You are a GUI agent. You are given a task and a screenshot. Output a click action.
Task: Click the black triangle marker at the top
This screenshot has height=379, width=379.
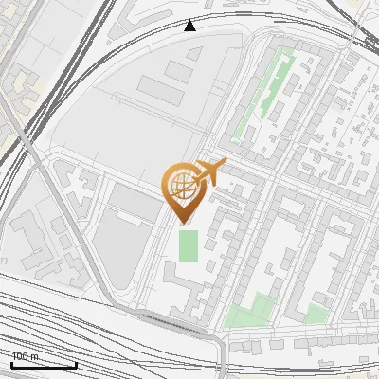point(190,26)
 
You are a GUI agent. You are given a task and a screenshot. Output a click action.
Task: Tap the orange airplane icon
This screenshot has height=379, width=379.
point(209,172)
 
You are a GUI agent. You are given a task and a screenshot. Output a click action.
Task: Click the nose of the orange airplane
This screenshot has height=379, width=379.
point(225,163)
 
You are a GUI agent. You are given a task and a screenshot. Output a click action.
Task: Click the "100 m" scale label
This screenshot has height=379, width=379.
point(26,356)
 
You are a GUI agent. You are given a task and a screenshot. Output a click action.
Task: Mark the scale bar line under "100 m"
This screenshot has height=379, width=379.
point(44,364)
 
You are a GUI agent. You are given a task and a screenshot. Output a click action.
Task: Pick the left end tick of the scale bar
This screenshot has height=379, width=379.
point(11,362)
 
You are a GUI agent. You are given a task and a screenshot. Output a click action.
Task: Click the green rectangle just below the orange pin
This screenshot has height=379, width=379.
point(189,245)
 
